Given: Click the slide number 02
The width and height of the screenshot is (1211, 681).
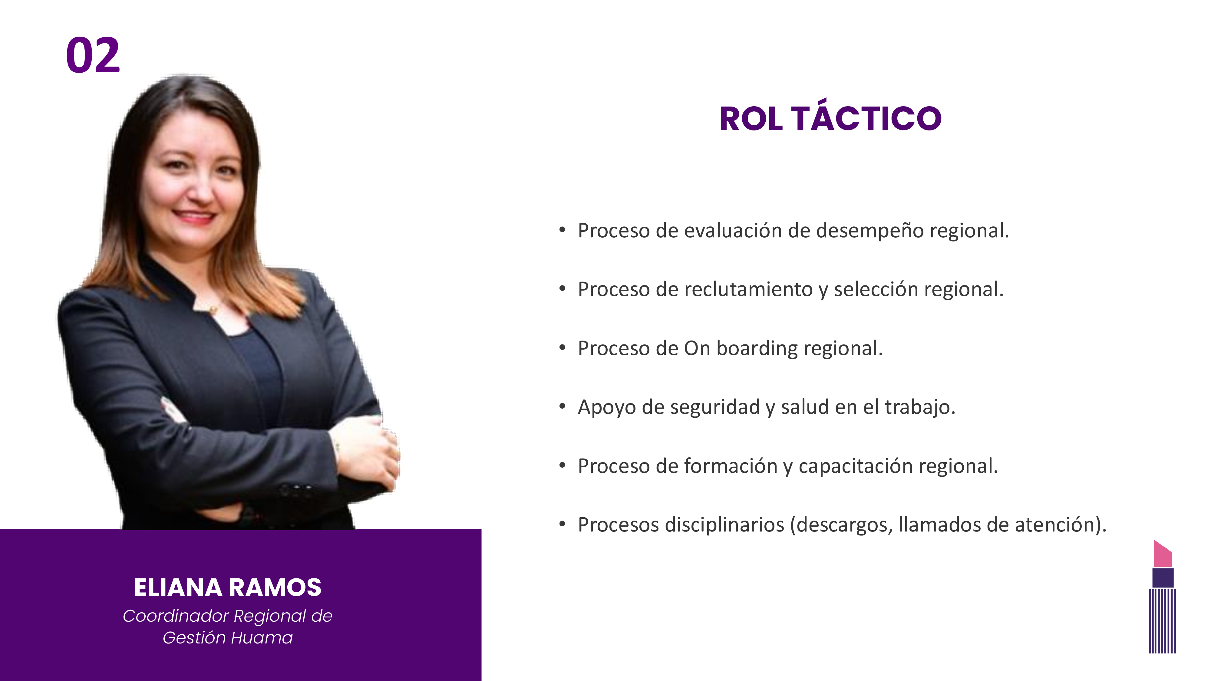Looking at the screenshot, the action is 93,55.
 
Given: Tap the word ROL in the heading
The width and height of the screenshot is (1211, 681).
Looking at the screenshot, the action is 751,118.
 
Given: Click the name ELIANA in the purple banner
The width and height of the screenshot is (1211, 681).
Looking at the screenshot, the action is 178,588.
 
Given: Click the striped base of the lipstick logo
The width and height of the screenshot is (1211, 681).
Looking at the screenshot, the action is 1162,621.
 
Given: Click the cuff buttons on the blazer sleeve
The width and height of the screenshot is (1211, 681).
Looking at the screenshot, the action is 296,489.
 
